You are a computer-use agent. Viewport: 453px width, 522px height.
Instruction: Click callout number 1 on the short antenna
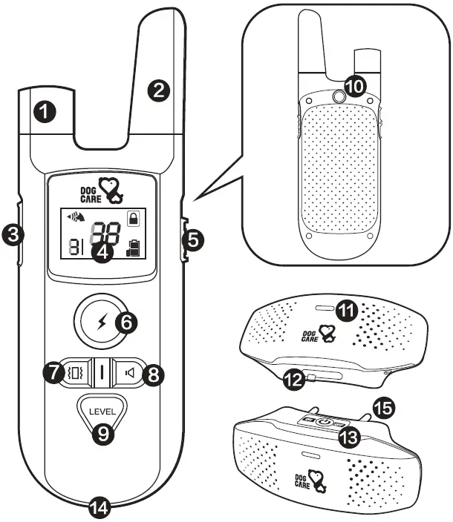45,113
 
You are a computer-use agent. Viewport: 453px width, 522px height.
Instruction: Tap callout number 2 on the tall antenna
158,90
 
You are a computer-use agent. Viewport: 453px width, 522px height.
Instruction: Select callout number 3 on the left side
13,235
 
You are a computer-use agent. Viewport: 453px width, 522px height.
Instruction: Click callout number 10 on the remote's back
356,85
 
